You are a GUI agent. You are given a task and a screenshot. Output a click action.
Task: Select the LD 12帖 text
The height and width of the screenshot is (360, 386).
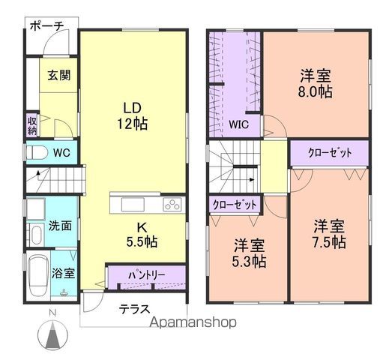tap(131, 115)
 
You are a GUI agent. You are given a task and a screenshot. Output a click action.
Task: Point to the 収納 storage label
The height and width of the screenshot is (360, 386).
tap(33, 125)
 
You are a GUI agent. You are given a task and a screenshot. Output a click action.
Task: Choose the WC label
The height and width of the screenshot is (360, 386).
tap(61, 152)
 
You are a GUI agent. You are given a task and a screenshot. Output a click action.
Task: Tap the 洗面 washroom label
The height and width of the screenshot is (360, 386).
tap(61, 225)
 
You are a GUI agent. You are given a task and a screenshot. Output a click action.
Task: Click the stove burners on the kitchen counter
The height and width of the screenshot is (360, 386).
tap(172, 204)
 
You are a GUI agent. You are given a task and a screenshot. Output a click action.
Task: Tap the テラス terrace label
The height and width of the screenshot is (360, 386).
tap(135, 308)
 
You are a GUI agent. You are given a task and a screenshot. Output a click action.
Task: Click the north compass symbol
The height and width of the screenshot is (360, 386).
tap(52, 331)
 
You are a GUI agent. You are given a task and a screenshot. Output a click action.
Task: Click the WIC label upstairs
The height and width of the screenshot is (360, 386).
tap(240, 124)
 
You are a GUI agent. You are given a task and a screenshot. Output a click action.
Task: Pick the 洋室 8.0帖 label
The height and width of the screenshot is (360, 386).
tap(317, 83)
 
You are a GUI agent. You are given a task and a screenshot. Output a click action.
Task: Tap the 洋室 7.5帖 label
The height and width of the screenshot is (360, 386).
tap(329, 233)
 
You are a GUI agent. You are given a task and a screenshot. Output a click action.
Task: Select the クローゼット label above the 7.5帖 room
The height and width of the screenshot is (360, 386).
tap(330, 152)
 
